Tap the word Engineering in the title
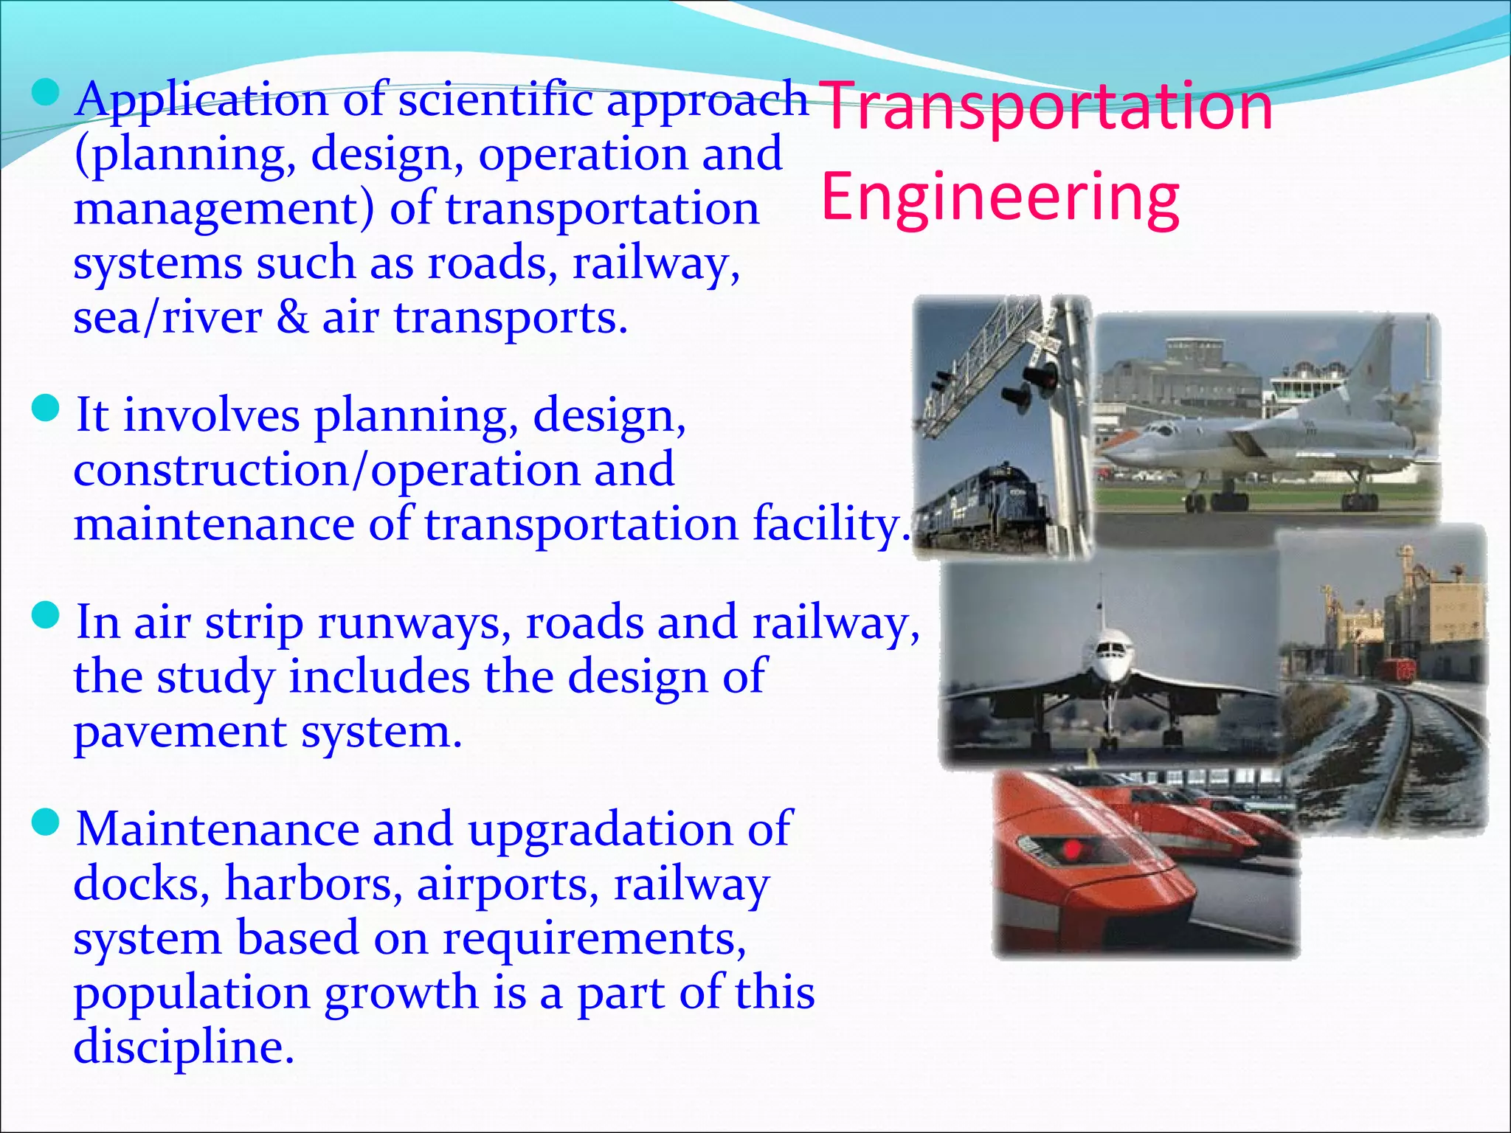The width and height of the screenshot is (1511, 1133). pos(1000,197)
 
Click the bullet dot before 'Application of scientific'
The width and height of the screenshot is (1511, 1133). pos(46,93)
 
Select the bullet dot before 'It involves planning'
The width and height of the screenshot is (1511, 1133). pos(46,409)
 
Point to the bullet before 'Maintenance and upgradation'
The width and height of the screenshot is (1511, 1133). pos(46,822)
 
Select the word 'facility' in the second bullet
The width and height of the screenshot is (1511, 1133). pos(831,525)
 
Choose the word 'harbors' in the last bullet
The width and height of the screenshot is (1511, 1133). pos(314,884)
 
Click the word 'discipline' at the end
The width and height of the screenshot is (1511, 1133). pos(183,1047)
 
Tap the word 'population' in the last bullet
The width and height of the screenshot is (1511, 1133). pos(191,994)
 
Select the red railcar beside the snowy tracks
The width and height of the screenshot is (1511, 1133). pos(1394,671)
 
